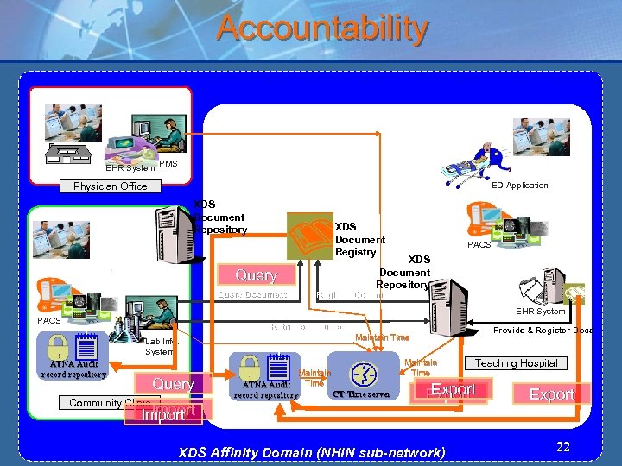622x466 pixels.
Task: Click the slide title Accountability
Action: click(321, 28)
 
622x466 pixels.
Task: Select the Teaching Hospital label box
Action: click(516, 363)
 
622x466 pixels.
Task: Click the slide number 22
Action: click(563, 446)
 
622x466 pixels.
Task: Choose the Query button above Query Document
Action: click(256, 275)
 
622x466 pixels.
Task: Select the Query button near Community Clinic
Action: click(172, 384)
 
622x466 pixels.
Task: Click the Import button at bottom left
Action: click(163, 415)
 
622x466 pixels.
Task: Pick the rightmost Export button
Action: click(551, 394)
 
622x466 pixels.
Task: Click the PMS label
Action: click(168, 164)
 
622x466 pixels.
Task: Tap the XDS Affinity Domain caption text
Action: click(311, 452)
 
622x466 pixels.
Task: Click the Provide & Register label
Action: click(543, 331)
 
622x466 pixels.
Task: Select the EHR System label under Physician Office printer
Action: click(130, 167)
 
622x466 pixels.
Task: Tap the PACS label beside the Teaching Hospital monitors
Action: click(479, 245)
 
